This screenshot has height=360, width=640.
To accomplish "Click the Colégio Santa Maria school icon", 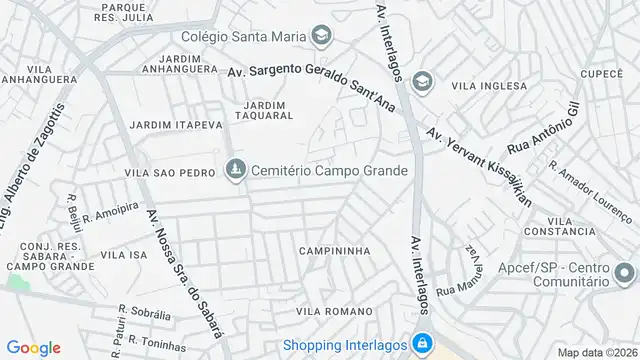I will (x=320, y=38).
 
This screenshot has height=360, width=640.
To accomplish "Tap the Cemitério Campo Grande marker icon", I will (x=235, y=171).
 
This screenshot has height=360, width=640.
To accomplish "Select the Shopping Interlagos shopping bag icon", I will (x=422, y=340).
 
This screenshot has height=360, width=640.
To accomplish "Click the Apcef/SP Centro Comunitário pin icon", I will (x=624, y=271).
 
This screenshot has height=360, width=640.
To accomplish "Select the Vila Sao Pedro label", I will (x=169, y=172).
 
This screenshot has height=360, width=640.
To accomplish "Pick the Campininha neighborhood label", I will (x=334, y=251).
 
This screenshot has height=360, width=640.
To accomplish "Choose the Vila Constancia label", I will (x=564, y=232).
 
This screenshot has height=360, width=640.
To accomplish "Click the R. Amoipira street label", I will (x=111, y=213).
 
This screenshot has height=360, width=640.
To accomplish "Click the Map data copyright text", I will (x=596, y=352).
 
